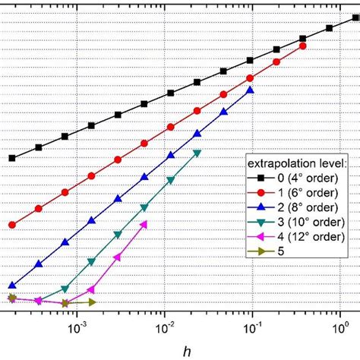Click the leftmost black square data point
[x=12, y=158]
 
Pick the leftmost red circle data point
[x=12, y=225]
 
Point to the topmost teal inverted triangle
[x=197, y=153]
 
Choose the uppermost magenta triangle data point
[x=144, y=223]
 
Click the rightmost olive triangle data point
[x=92, y=302]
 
